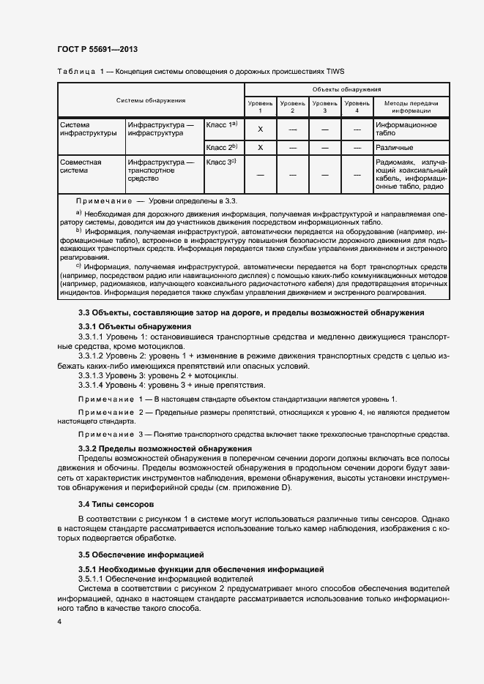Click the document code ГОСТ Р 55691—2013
tap(97, 49)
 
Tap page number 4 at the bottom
tap(59, 620)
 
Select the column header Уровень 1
tap(260, 107)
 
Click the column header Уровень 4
tap(357, 107)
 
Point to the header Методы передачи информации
tap(410, 107)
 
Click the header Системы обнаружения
tap(151, 100)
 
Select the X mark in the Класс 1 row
tap(260, 129)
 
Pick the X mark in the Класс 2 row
tap(260, 147)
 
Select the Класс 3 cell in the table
tap(220, 162)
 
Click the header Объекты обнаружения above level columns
tap(346, 89)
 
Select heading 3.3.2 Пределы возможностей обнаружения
tap(165, 448)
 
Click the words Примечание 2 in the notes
tap(111, 414)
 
